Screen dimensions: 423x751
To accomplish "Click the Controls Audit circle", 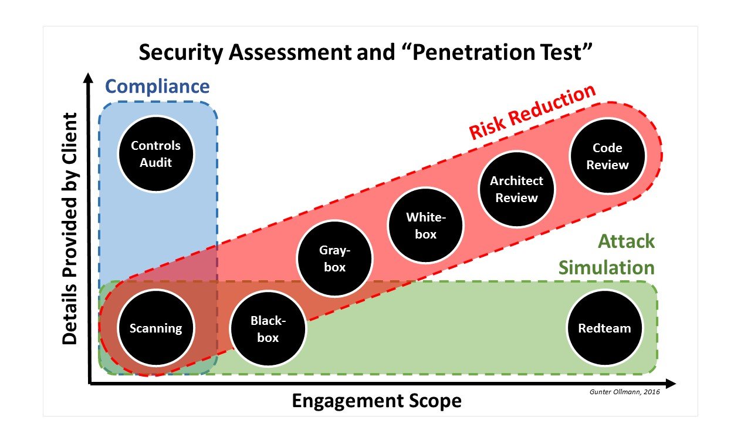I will point(156,154).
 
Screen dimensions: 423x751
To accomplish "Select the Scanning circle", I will point(156,328).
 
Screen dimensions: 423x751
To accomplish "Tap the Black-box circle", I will point(268,329).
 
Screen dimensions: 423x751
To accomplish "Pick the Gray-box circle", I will point(334,259).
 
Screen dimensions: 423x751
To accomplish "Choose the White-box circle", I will point(426,226).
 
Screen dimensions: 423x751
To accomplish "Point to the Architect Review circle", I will point(516,189).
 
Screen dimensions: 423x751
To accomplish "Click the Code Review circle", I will point(607,157).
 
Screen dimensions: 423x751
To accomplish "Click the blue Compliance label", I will point(157,87).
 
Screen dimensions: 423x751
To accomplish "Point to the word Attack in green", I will point(626,241).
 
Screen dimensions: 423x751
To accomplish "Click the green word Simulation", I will point(606,268).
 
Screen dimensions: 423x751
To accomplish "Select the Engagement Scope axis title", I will point(377,401).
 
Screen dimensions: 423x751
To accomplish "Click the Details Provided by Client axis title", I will point(70,229).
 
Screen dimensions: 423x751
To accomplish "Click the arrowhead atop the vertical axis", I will point(89,78).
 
